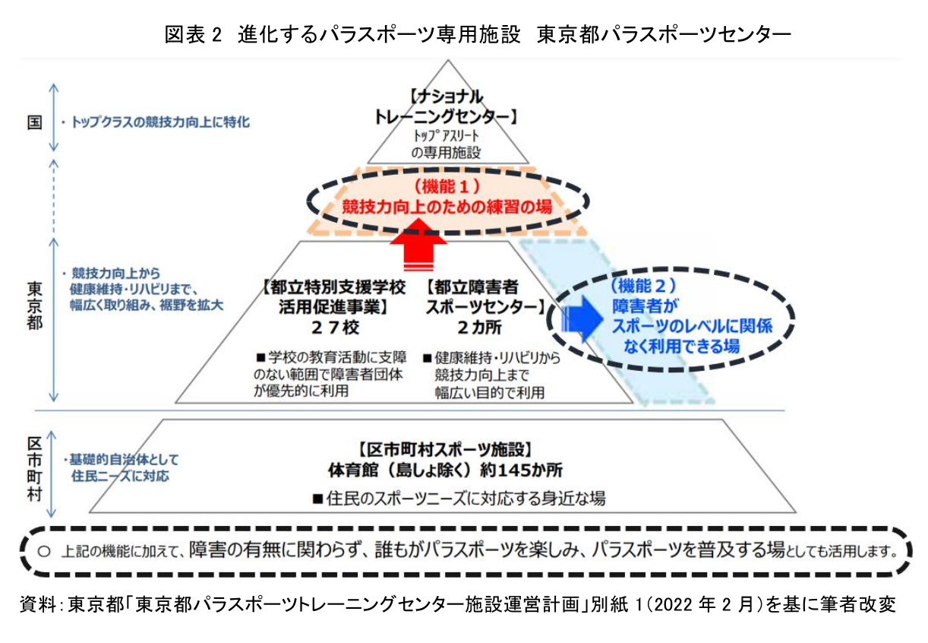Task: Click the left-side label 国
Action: pyautogui.click(x=35, y=122)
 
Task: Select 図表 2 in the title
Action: pyautogui.click(x=193, y=33)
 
